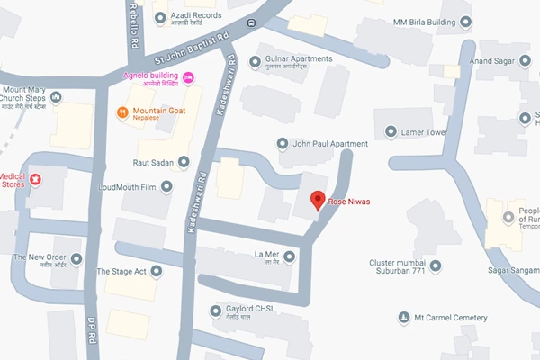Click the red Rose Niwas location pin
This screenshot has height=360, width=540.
[317, 200]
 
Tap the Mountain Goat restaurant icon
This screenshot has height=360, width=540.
[125, 112]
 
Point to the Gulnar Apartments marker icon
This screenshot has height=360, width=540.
[255, 62]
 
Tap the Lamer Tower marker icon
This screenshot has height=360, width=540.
[391, 132]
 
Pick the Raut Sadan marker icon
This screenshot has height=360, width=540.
[184, 162]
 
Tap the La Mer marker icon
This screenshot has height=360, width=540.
[288, 258]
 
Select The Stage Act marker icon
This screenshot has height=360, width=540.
[157, 270]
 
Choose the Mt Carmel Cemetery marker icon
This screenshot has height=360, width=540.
[403, 318]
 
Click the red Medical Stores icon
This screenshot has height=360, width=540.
[36, 179]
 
